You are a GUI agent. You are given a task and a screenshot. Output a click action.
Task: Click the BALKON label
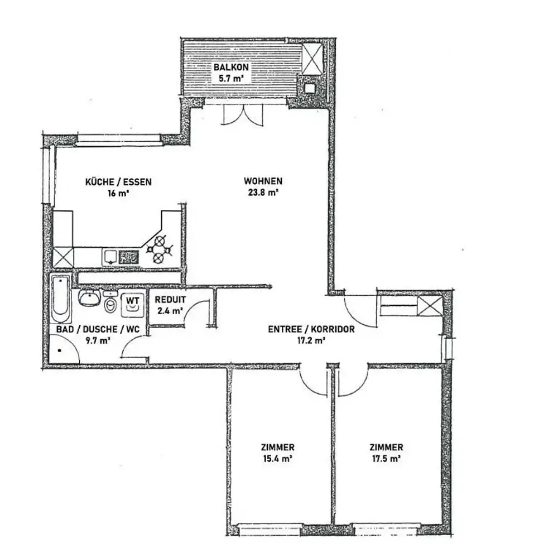(x=231, y=66)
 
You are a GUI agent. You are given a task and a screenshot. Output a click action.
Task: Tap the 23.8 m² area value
(x=263, y=193)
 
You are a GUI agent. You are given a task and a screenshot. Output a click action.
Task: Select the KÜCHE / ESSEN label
(x=118, y=181)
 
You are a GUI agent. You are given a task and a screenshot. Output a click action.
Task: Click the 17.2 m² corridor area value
(x=311, y=340)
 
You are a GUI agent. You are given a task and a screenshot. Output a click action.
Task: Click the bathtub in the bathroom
(x=61, y=297)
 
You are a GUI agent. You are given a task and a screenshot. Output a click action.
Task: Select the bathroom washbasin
(x=89, y=299)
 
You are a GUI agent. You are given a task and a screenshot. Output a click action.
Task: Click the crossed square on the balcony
(x=312, y=59)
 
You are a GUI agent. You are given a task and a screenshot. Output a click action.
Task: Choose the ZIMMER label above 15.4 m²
(x=277, y=447)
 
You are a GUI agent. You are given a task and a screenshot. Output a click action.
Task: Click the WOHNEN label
(x=263, y=181)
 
